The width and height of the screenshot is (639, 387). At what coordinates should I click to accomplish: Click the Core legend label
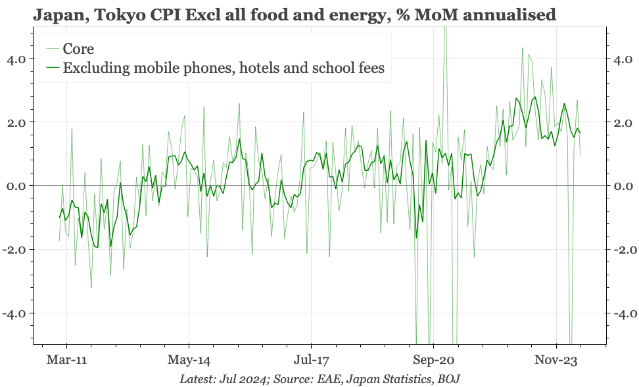(x=78, y=49)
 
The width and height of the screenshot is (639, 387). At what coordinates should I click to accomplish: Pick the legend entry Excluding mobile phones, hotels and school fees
(x=223, y=68)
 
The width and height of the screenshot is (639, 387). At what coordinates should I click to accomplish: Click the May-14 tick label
(x=189, y=360)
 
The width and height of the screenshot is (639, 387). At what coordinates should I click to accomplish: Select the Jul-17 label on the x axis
(x=311, y=360)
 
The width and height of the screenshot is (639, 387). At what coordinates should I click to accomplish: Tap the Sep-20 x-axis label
(x=434, y=360)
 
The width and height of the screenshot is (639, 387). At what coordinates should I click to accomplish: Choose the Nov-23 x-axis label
(x=556, y=360)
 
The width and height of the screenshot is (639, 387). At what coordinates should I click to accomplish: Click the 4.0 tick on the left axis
(x=16, y=59)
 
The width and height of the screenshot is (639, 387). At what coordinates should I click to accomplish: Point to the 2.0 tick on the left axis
(x=16, y=123)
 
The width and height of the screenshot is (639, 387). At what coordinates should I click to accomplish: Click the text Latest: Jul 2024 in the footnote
(x=221, y=379)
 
